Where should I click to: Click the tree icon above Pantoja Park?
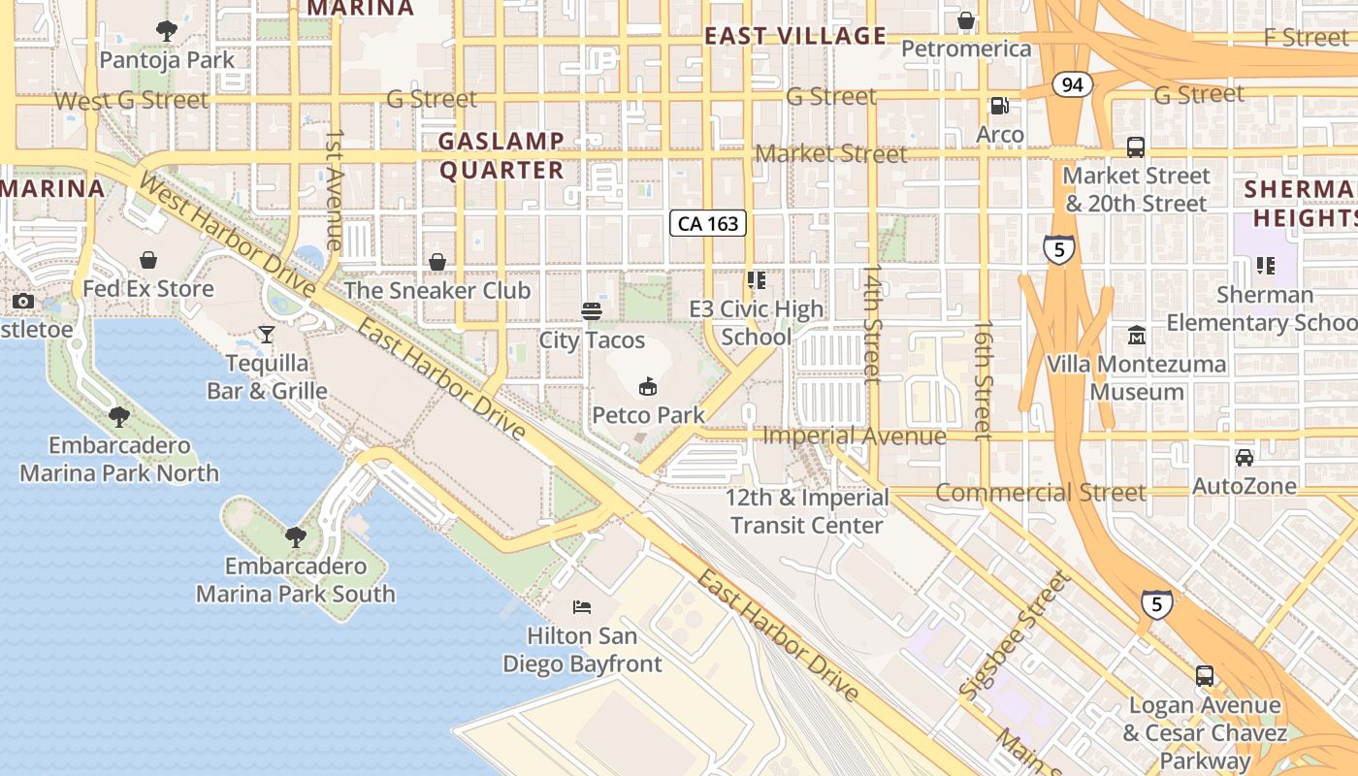[x=167, y=31]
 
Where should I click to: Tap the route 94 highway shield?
[x=1071, y=85]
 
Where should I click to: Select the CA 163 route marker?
[x=708, y=224]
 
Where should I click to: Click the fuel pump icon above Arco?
[x=999, y=105]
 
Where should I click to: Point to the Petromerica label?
[x=966, y=48]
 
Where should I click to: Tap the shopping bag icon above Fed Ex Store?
[x=148, y=260]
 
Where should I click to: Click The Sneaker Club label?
[x=437, y=290]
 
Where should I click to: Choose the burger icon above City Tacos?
[x=592, y=311]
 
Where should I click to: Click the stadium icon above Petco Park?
[x=647, y=387]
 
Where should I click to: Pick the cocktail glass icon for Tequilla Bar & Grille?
[x=267, y=335]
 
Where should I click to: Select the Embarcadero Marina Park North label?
[x=119, y=460]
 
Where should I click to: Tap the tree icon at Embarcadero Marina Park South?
[x=295, y=536]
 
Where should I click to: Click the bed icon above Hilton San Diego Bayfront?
[x=582, y=607]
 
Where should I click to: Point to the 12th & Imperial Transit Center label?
[x=807, y=511]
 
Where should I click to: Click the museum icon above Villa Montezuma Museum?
[x=1136, y=336]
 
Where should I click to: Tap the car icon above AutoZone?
[x=1244, y=457]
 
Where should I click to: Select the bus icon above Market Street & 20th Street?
[x=1136, y=147]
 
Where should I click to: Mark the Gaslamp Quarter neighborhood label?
[x=501, y=155]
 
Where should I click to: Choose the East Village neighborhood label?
[x=795, y=37]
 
